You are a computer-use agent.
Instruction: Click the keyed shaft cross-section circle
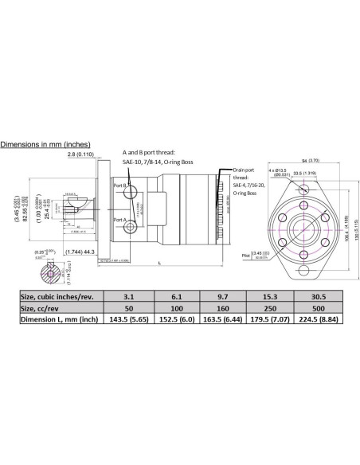pos(52,277)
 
